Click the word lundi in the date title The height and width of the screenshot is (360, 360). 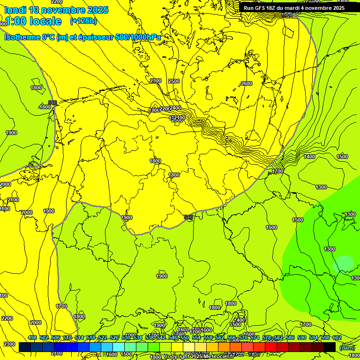pyautogui.click(x=16, y=10)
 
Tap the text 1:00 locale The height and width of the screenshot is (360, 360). pyautogui.click(x=33, y=21)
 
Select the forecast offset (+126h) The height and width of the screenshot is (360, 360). pyautogui.click(x=83, y=21)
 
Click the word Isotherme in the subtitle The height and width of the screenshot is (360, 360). pyautogui.click(x=22, y=37)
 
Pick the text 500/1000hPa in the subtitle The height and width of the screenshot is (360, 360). pyautogui.click(x=138, y=37)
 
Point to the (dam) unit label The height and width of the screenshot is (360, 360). pyautogui.click(x=347, y=347)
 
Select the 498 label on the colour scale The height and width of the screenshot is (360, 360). pyautogui.click(x=32, y=338)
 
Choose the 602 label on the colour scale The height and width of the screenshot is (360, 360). pyautogui.click(x=337, y=338)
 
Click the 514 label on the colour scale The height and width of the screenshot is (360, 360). pyautogui.click(x=79, y=338)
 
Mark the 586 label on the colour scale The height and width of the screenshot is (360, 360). pyautogui.click(x=290, y=338)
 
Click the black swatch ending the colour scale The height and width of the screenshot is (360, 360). pyautogui.click(x=330, y=347)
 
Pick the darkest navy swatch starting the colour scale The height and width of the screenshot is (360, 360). pyautogui.click(x=25, y=347)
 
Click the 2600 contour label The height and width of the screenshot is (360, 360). pyautogui.click(x=247, y=83)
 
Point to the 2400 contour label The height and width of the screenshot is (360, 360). pyautogui.click(x=175, y=108)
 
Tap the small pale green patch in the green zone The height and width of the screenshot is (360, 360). pyautogui.click(x=343, y=263)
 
